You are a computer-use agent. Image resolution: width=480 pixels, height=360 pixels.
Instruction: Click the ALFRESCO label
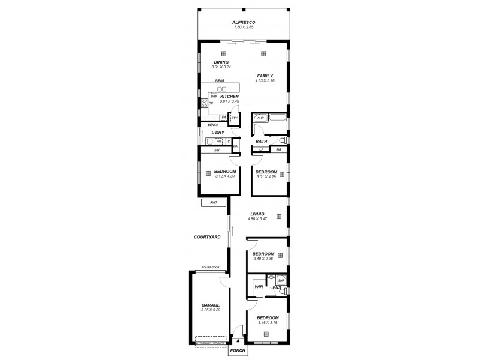[244, 22]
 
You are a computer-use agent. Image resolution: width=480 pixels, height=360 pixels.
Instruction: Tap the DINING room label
[221, 62]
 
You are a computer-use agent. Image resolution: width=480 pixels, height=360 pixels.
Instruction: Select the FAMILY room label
[265, 76]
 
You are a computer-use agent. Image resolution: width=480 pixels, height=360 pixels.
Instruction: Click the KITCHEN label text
[229, 97]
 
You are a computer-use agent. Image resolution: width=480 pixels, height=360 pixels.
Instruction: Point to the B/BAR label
[220, 81]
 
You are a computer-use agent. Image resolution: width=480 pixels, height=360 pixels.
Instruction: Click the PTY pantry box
[235, 118]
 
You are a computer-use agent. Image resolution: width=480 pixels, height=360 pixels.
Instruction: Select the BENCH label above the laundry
[212, 124]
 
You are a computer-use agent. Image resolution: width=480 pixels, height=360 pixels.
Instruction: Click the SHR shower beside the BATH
[260, 119]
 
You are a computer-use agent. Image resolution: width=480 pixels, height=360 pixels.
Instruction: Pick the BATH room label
[261, 142]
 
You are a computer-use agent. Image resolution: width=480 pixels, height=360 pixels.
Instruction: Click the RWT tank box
[214, 203]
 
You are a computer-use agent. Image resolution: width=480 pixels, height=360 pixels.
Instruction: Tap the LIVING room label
[257, 214]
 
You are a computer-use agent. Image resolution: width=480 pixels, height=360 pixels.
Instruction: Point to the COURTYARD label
[207, 237]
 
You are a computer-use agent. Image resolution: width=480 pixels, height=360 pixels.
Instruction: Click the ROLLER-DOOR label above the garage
[211, 267]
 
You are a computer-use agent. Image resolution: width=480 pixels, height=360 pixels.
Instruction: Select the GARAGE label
[211, 305]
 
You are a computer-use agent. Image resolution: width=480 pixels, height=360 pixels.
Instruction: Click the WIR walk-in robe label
[259, 287]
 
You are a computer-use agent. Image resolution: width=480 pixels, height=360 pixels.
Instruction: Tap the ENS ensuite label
[277, 288]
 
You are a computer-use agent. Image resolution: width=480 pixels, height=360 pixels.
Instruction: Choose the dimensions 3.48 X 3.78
[268, 323]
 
